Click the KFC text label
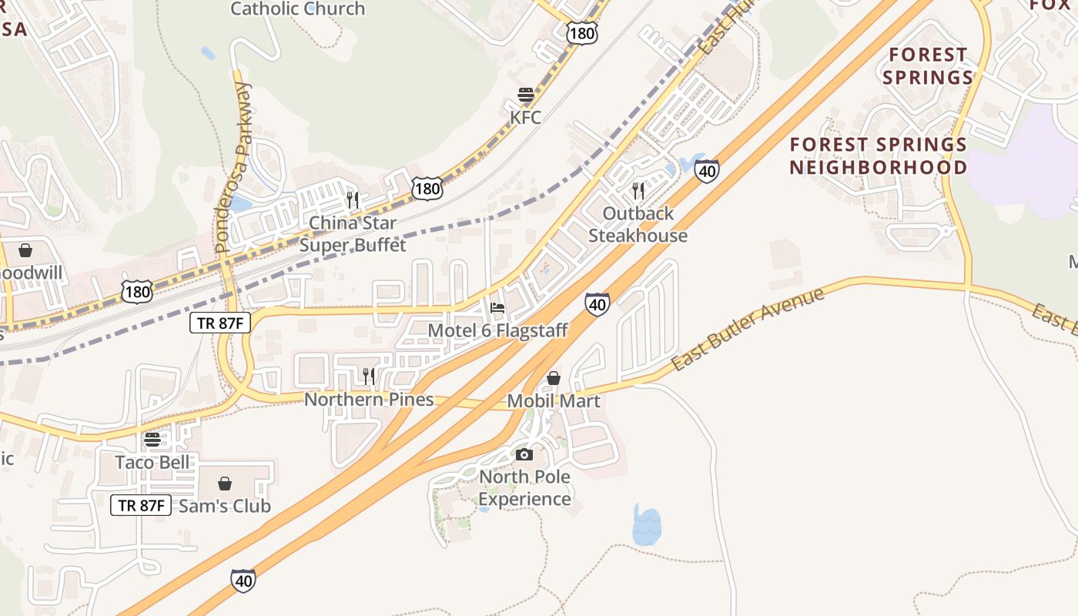click(x=526, y=118)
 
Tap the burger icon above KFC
click(x=526, y=95)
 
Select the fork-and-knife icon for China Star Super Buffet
click(x=353, y=200)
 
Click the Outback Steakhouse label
click(x=638, y=224)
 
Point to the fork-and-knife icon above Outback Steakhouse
click(x=638, y=191)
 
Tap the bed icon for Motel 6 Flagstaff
click(x=497, y=309)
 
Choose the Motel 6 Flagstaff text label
click(x=497, y=331)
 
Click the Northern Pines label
click(x=369, y=400)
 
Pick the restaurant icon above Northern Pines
click(x=369, y=376)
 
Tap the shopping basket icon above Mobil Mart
click(x=553, y=378)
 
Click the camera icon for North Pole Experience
click(x=524, y=454)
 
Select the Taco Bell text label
click(x=152, y=462)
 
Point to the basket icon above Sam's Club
click(x=225, y=484)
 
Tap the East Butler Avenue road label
click(x=748, y=329)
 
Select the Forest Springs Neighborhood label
click(x=878, y=156)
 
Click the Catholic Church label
click(x=298, y=9)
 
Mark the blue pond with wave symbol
click(x=646, y=526)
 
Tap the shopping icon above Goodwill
click(x=25, y=250)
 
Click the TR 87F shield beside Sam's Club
click(x=141, y=505)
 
